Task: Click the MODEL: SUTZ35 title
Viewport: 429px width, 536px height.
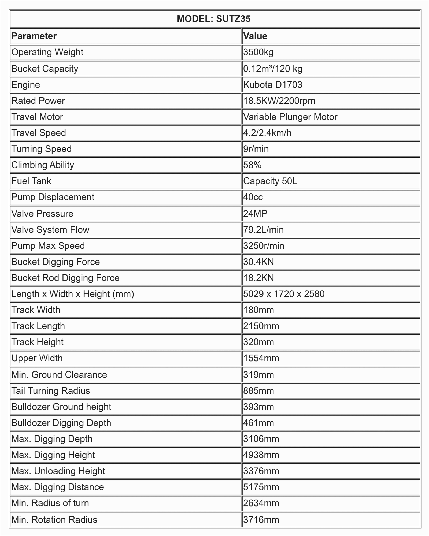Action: (x=214, y=19)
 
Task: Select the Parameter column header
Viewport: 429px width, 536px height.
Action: (x=34, y=36)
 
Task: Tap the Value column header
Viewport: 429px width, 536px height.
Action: (x=255, y=36)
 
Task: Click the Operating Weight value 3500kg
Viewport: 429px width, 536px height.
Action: (x=258, y=52)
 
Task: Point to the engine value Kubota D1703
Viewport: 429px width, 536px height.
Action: (x=273, y=85)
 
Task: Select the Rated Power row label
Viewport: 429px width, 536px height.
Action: (x=38, y=101)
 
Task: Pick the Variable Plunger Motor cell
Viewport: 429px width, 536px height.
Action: (x=290, y=117)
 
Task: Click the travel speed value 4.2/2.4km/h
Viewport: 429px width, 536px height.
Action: (x=267, y=133)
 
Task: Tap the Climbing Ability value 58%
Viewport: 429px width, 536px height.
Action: (x=252, y=165)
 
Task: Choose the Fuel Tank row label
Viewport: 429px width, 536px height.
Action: (x=31, y=181)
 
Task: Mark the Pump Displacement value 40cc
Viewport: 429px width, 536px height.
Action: (x=253, y=197)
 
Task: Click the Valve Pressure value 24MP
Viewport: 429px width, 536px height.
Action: (x=255, y=214)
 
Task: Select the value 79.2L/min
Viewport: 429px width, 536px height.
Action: (x=263, y=230)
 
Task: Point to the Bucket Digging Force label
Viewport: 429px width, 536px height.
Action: (x=56, y=262)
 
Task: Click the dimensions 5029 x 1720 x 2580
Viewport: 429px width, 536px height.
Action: (x=284, y=294)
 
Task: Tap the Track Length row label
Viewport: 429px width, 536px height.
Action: (x=38, y=326)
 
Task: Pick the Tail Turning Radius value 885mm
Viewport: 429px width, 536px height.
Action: (x=258, y=391)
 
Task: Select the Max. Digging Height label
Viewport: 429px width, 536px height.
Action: (x=53, y=455)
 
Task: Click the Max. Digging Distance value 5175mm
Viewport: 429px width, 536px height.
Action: (x=261, y=487)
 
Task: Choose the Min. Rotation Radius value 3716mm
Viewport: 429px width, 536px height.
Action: (x=261, y=520)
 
